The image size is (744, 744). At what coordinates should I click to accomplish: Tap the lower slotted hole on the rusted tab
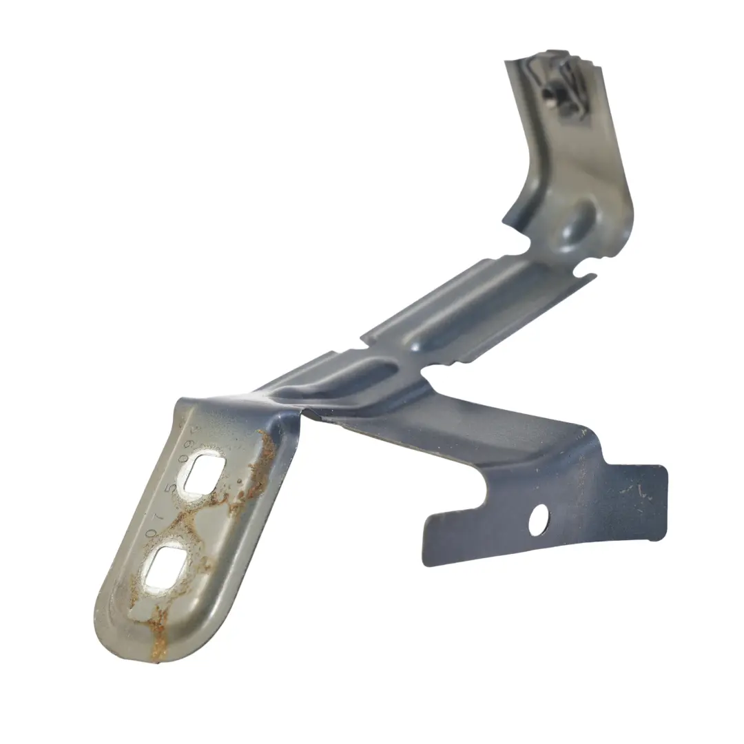point(165,566)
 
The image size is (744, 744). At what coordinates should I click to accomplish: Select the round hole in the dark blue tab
point(539,519)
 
